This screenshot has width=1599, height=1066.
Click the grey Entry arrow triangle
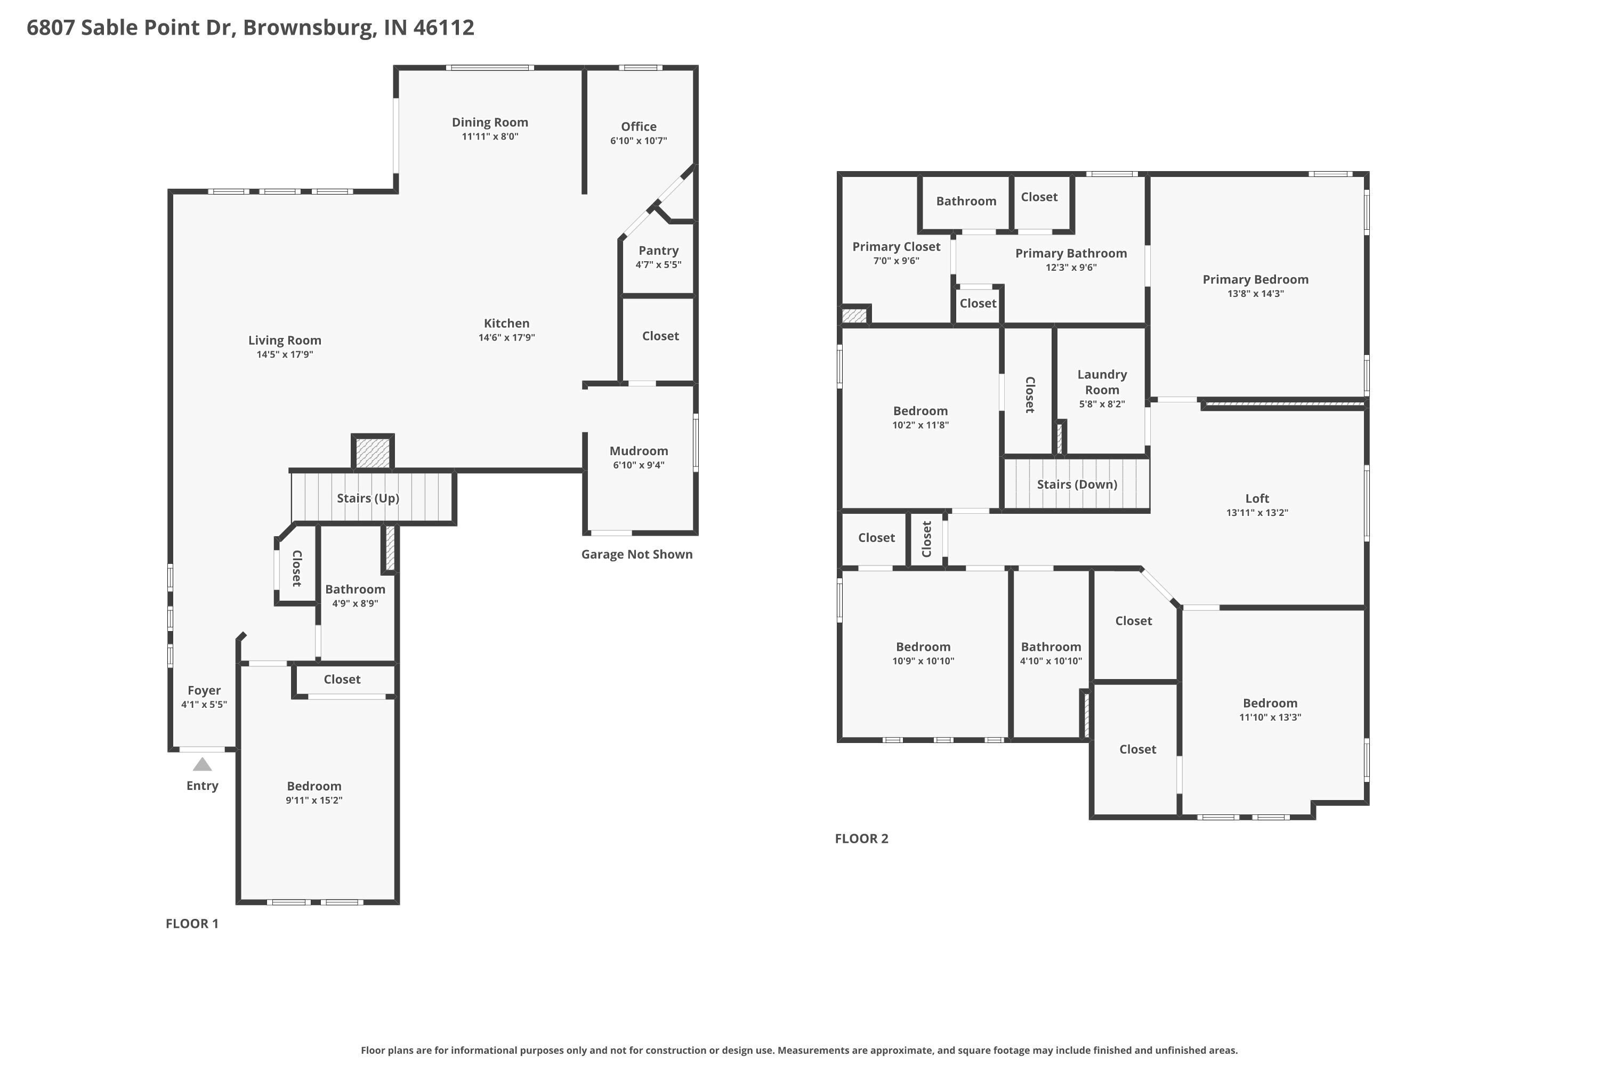click(202, 765)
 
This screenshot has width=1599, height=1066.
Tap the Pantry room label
click(658, 250)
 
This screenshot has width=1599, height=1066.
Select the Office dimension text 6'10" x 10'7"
click(639, 141)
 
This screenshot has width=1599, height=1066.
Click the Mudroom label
click(639, 451)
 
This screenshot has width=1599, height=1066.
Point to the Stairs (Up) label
click(368, 498)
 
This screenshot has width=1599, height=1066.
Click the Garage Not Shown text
click(636, 554)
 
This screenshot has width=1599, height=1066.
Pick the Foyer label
click(204, 690)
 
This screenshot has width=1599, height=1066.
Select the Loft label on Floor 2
click(1256, 498)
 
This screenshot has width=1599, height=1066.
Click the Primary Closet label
click(896, 247)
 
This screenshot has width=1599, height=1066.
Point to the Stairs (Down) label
click(1077, 484)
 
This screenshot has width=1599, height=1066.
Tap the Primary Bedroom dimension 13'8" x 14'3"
click(1255, 294)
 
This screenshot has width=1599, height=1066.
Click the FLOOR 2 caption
click(861, 838)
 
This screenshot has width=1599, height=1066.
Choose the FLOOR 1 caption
click(192, 923)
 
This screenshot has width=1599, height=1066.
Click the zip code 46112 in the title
click(443, 27)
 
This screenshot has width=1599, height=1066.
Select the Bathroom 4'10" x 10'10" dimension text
click(1051, 661)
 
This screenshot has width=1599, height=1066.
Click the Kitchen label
click(506, 324)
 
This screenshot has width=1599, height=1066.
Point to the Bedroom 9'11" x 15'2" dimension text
click(313, 800)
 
